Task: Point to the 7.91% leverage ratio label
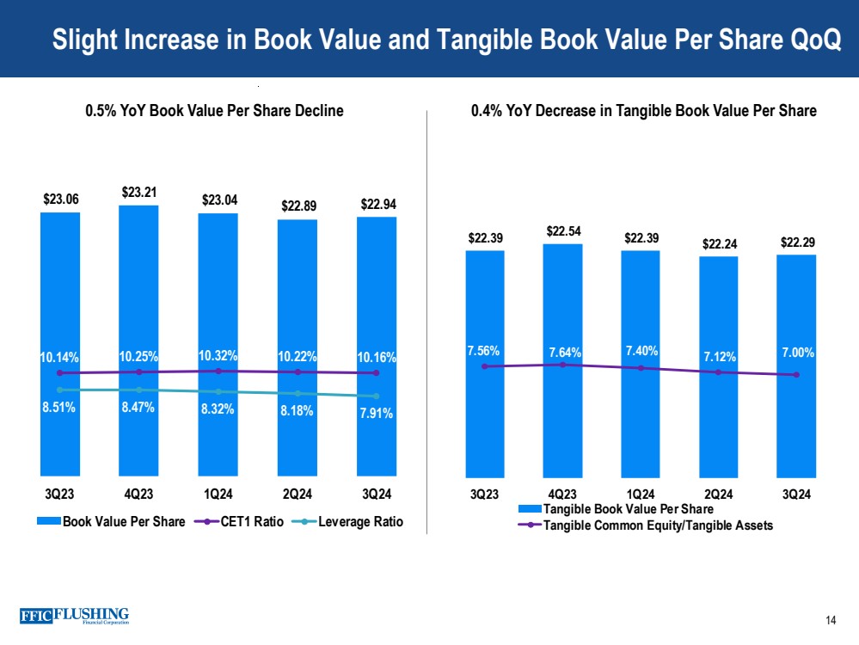376,414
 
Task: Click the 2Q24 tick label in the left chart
297,494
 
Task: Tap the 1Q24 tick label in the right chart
641,494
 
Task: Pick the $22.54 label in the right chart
563,231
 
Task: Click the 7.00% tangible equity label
797,353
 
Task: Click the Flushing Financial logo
74,616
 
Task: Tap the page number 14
831,621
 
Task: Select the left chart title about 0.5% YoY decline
214,111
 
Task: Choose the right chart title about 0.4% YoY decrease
644,111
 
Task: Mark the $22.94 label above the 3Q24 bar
378,204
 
